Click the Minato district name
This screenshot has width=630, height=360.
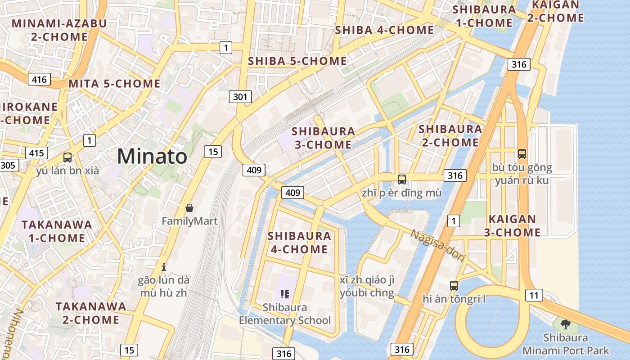[x=152, y=157]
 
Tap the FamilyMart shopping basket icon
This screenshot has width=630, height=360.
[x=189, y=208]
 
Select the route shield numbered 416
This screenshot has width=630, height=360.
[x=39, y=80]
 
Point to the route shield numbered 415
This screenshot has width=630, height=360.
[x=36, y=153]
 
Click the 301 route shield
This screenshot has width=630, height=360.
[x=240, y=96]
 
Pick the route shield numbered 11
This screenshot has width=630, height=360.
[x=534, y=296]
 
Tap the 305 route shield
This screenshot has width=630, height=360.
[x=8, y=165]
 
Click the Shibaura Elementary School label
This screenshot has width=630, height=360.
[x=285, y=314]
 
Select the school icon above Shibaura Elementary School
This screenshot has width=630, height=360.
[x=284, y=294]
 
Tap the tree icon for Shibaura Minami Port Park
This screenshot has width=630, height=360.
[x=566, y=324]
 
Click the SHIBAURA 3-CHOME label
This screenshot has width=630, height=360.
[x=323, y=138]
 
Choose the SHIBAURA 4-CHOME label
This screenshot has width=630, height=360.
[x=299, y=243]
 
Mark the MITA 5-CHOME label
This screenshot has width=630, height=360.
[x=114, y=84]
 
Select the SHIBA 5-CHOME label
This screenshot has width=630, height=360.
[x=297, y=61]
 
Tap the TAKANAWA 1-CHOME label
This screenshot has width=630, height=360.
[x=57, y=231]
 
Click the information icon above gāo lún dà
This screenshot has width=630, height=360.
[x=164, y=266]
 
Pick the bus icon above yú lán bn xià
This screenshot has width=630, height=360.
[x=67, y=157]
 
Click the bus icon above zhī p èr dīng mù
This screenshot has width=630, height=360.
[x=402, y=180]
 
